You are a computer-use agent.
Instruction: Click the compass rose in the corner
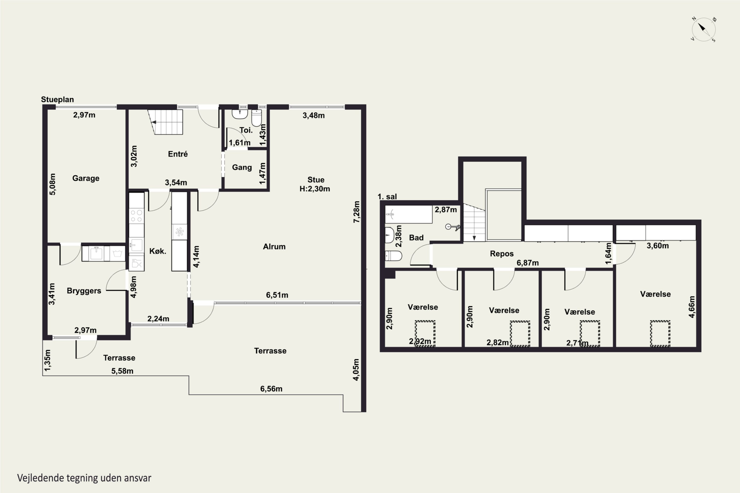pyautogui.click(x=704, y=30)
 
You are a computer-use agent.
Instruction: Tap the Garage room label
pyautogui.click(x=86, y=178)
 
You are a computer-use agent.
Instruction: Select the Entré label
pyautogui.click(x=178, y=154)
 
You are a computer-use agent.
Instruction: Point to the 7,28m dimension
pyautogui.click(x=356, y=212)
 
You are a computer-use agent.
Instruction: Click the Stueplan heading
pyautogui.click(x=57, y=100)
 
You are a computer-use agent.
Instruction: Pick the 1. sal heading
pyautogui.click(x=387, y=196)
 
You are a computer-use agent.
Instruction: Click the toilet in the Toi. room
pyautogui.click(x=257, y=118)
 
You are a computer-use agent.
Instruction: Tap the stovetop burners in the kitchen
pyautogui.click(x=136, y=216)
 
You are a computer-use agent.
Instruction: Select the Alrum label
pyautogui.click(x=274, y=246)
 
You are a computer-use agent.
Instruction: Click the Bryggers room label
pyautogui.click(x=84, y=291)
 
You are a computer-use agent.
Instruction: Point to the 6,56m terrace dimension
pyautogui.click(x=271, y=389)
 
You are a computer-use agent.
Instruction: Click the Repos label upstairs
pyautogui.click(x=502, y=254)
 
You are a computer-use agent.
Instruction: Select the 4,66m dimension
pyautogui.click(x=692, y=307)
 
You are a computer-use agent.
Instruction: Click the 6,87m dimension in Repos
pyautogui.click(x=528, y=263)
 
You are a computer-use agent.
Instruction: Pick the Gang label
pyautogui.click(x=242, y=167)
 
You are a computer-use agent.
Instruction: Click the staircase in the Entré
pyautogui.click(x=166, y=122)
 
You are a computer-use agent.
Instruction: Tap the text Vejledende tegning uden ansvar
pyautogui.click(x=84, y=478)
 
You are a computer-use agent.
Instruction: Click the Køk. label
pyautogui.click(x=158, y=251)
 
